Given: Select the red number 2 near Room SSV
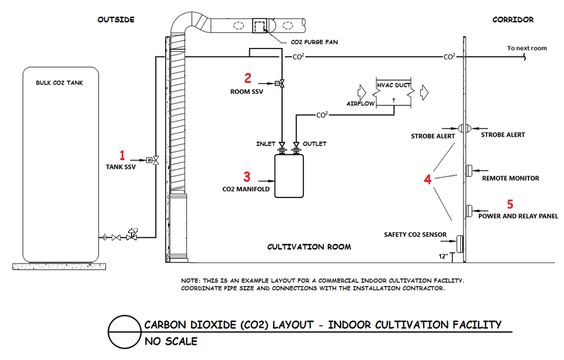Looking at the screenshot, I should tap(248, 78).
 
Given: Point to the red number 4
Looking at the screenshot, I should tap(428, 179).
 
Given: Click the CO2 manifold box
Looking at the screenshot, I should tap(288, 175).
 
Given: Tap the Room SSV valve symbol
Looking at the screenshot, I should tap(280, 84).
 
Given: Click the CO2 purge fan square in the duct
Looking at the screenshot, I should tap(260, 26).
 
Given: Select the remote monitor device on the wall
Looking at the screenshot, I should tap(468, 170).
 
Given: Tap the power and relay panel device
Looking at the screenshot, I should tap(468, 211).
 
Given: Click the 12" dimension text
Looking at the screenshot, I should tap(443, 257).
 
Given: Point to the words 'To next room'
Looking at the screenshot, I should tap(527, 48).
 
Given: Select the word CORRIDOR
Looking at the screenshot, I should tap(513, 20).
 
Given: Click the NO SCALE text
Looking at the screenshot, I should tap(171, 341).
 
